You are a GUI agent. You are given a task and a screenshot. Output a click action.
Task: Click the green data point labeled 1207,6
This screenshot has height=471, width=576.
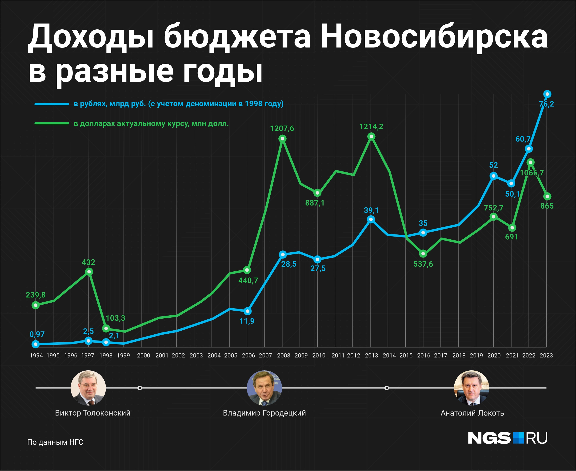[x=282, y=139]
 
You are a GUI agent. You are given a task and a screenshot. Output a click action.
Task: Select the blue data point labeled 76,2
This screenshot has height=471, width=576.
[x=547, y=94]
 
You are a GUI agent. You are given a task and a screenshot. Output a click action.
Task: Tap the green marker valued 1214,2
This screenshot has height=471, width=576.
[x=371, y=136]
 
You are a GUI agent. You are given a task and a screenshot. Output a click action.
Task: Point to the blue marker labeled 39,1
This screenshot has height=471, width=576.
[x=371, y=219]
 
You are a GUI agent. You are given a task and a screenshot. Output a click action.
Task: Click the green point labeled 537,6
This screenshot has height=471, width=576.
[x=423, y=254]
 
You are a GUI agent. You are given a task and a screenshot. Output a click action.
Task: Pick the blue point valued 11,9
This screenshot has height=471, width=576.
[x=247, y=311]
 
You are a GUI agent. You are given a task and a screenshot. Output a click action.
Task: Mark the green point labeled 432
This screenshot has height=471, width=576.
[x=89, y=272]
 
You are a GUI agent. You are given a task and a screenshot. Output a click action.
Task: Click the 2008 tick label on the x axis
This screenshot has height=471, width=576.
[x=283, y=355]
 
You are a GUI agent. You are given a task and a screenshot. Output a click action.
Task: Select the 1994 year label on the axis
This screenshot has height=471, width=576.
[x=36, y=355]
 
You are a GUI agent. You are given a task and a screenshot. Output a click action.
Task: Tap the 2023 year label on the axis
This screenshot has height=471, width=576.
[x=546, y=355]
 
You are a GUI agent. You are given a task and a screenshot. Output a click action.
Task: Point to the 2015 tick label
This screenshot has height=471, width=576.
[x=406, y=355]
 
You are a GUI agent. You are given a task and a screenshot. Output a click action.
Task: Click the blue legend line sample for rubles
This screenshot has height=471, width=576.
[x=52, y=104]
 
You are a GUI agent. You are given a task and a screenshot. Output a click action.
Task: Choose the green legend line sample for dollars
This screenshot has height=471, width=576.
[x=52, y=123]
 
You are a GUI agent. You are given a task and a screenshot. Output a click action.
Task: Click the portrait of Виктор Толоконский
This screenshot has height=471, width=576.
[x=88, y=388]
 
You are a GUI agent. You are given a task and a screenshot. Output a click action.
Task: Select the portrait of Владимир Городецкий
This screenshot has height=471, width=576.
[x=264, y=388]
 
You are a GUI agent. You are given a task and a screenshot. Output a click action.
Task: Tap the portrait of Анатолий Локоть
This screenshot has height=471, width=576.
[x=472, y=388]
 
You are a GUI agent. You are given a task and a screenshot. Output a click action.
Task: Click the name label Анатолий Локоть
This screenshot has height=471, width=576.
[x=472, y=413]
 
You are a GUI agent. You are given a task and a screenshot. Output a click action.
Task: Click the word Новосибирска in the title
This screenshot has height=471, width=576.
[x=434, y=37]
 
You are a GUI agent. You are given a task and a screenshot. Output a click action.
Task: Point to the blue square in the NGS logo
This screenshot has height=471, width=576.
[x=518, y=438]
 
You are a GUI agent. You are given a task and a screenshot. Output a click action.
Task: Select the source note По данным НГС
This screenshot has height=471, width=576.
[x=55, y=442]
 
